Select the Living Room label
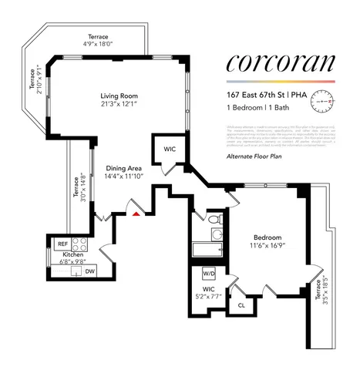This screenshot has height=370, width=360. point(118,96)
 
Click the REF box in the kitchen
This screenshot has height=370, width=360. point(62,244)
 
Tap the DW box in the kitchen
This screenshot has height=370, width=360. point(89,271)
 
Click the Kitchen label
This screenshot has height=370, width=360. point(63,255)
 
